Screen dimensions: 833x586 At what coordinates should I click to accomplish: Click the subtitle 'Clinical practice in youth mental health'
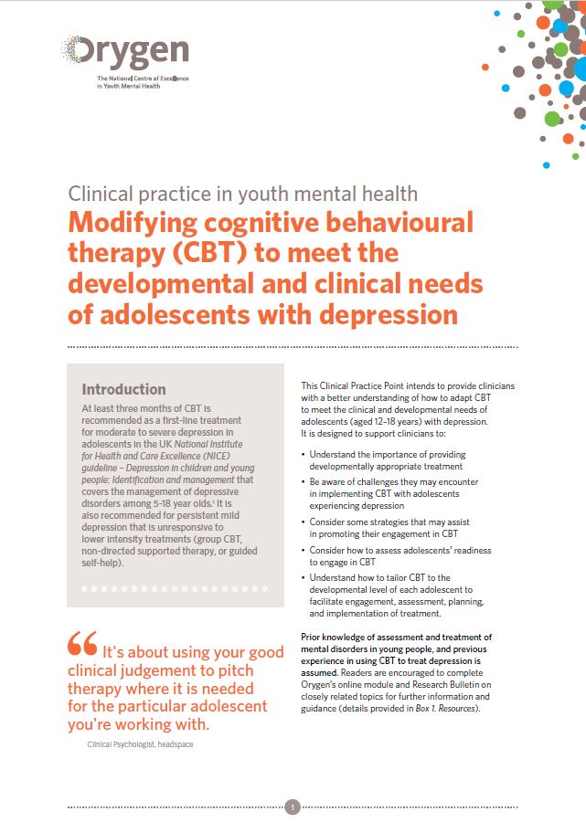pyautogui.click(x=243, y=194)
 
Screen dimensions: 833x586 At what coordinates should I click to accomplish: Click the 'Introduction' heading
pyautogui.click(x=123, y=389)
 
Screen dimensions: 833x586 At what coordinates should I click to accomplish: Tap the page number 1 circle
pyautogui.click(x=293, y=807)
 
